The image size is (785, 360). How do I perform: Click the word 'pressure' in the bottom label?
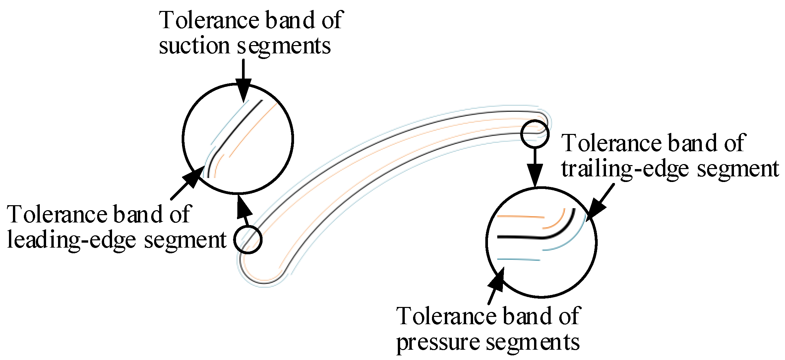438,342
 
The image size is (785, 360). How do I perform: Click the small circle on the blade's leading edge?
248,239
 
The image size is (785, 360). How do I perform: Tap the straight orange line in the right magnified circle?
520,217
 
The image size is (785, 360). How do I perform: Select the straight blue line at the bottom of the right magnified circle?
519,260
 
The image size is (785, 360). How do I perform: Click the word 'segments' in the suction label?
283,46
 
